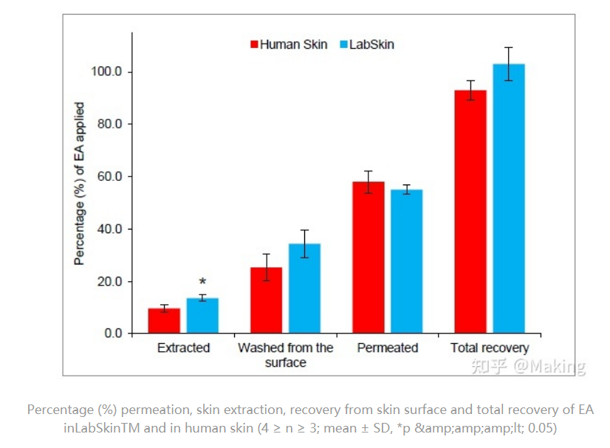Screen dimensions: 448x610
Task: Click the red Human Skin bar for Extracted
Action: tap(164, 321)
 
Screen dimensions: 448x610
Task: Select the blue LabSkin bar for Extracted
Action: tap(202, 316)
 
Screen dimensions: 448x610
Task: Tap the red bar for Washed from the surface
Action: tap(266, 300)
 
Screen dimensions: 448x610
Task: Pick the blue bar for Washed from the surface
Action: tap(304, 289)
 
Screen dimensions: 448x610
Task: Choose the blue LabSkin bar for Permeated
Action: tap(406, 261)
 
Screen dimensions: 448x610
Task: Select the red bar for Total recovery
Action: tap(470, 212)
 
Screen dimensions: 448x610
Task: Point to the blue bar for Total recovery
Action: tap(509, 199)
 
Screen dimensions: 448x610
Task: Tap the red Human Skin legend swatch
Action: tap(255, 44)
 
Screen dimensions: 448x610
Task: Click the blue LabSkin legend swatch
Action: tap(343, 44)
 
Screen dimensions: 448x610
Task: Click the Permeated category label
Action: tap(387, 348)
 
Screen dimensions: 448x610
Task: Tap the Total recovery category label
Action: tap(490, 348)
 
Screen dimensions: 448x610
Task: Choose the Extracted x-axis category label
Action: tap(183, 348)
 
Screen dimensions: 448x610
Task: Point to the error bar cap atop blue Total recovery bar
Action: tap(509, 47)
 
